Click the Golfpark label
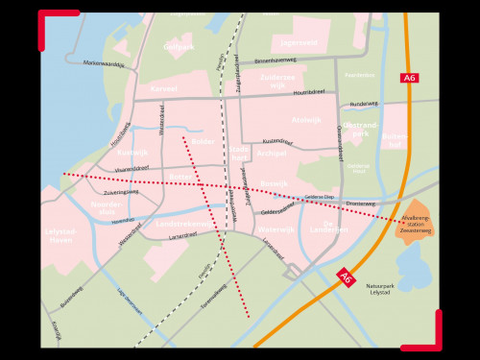point(179,46)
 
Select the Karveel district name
point(164,87)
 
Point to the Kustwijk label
point(132,152)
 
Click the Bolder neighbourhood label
point(204,142)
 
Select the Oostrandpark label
point(361,130)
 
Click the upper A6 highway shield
point(410,78)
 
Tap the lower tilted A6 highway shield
point(347,277)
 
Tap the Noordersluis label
point(106,208)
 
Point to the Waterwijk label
point(276,229)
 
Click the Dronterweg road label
point(360,204)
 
